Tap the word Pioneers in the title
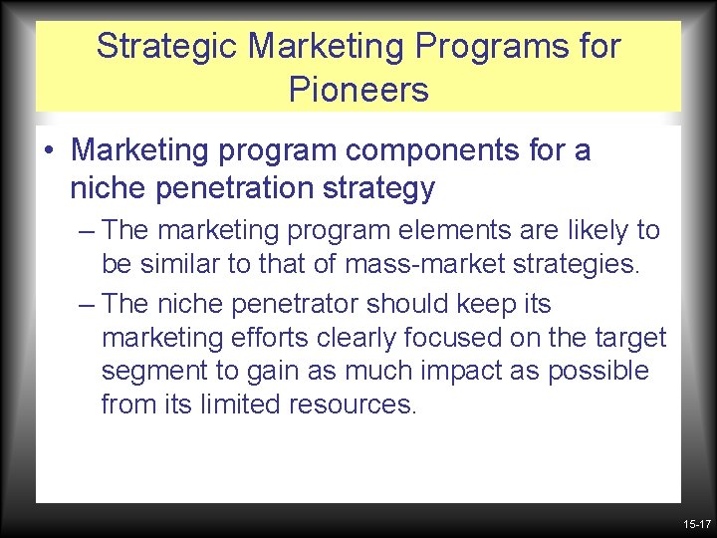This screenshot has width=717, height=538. point(358,90)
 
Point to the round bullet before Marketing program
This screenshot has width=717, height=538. point(49,152)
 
